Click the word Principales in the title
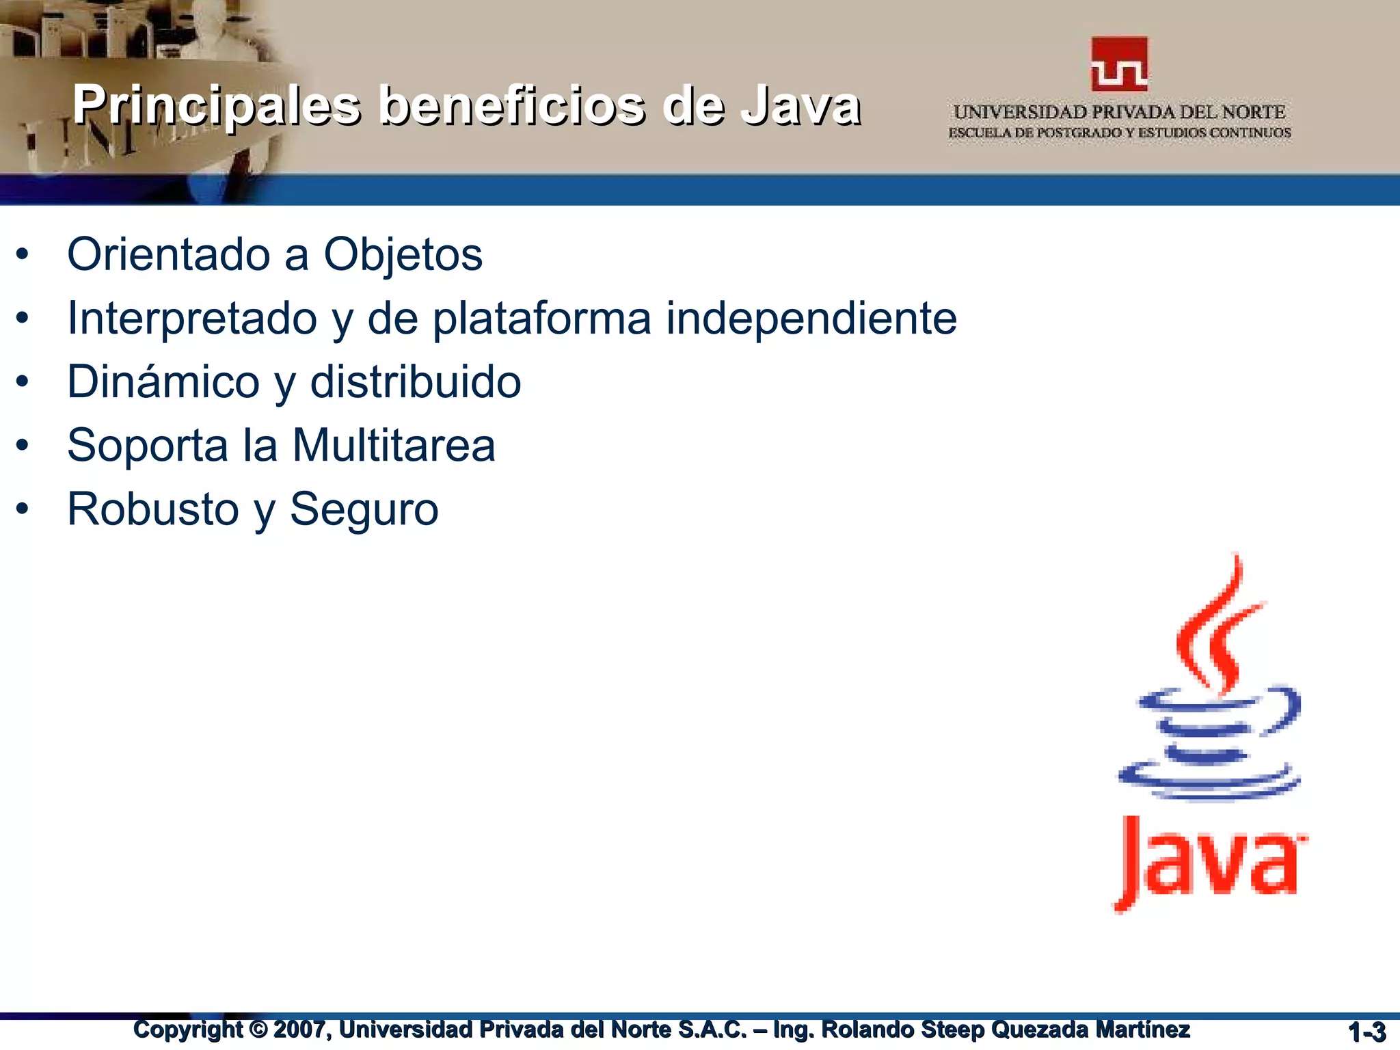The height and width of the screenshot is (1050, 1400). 217,105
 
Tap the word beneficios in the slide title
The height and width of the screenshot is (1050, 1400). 511,105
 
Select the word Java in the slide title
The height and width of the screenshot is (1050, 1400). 801,105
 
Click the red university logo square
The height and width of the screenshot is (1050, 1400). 1119,64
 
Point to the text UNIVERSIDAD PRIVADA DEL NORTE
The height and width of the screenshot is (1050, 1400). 1119,111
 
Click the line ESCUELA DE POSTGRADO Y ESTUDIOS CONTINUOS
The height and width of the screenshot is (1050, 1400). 1119,133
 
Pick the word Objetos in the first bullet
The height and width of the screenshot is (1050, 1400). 403,254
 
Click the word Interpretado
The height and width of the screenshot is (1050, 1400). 192,319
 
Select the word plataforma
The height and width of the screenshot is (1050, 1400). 542,319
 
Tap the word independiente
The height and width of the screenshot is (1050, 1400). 811,319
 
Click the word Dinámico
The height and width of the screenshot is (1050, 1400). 163,381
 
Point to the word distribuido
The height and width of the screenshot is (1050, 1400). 416,381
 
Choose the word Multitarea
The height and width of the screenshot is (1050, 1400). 394,446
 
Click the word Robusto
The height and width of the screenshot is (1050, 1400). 153,509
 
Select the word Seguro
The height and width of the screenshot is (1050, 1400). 364,509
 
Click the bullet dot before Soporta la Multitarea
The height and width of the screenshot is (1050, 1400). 23,446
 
